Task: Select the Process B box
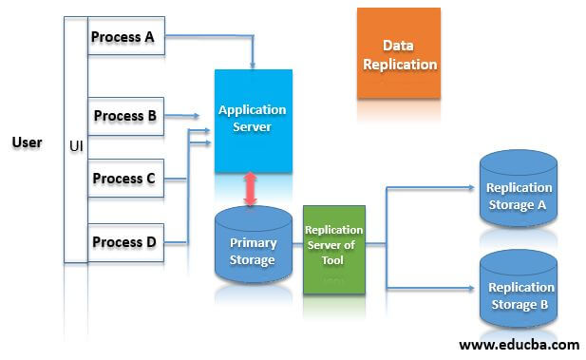click(x=125, y=116)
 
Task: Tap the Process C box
click(x=125, y=179)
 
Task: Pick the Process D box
click(x=125, y=241)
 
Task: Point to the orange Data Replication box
click(x=398, y=54)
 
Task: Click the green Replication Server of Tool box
click(x=333, y=249)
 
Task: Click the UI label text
click(x=76, y=147)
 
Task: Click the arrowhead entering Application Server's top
click(x=253, y=65)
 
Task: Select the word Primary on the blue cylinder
click(x=253, y=242)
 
